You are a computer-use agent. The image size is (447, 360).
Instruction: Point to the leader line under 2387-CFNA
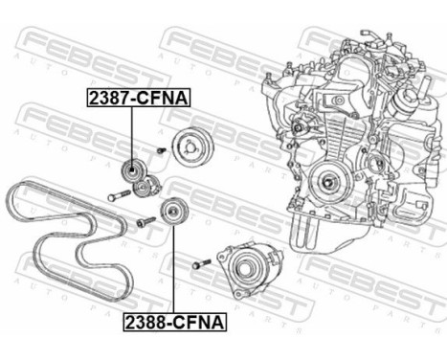click(131, 134)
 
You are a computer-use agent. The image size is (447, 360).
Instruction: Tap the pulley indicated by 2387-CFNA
click(131, 171)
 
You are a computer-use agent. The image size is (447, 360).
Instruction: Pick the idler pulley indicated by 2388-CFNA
click(172, 211)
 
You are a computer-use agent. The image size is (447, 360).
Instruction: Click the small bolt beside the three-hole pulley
click(162, 149)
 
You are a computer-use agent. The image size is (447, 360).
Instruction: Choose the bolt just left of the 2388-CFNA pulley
click(145, 222)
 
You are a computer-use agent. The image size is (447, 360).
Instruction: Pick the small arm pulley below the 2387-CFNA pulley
click(145, 185)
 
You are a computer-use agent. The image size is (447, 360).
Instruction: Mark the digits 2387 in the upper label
click(107, 98)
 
